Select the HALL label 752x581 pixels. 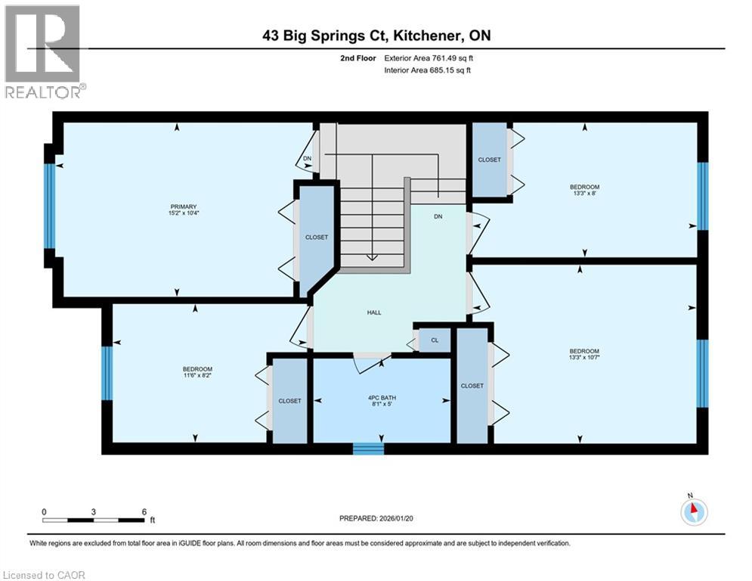(374, 312)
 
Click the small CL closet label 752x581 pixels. (435, 340)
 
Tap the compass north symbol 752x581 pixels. (693, 511)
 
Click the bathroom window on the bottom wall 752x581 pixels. (368, 449)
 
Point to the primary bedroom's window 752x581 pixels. (50, 206)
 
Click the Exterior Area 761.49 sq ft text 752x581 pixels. (429, 58)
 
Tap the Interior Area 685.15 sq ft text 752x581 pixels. (429, 70)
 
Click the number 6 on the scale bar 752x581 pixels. (144, 511)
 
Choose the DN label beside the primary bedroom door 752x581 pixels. (307, 158)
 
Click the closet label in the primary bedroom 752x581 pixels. (317, 237)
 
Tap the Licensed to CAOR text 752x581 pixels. (45, 575)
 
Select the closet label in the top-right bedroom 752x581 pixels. (489, 160)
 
